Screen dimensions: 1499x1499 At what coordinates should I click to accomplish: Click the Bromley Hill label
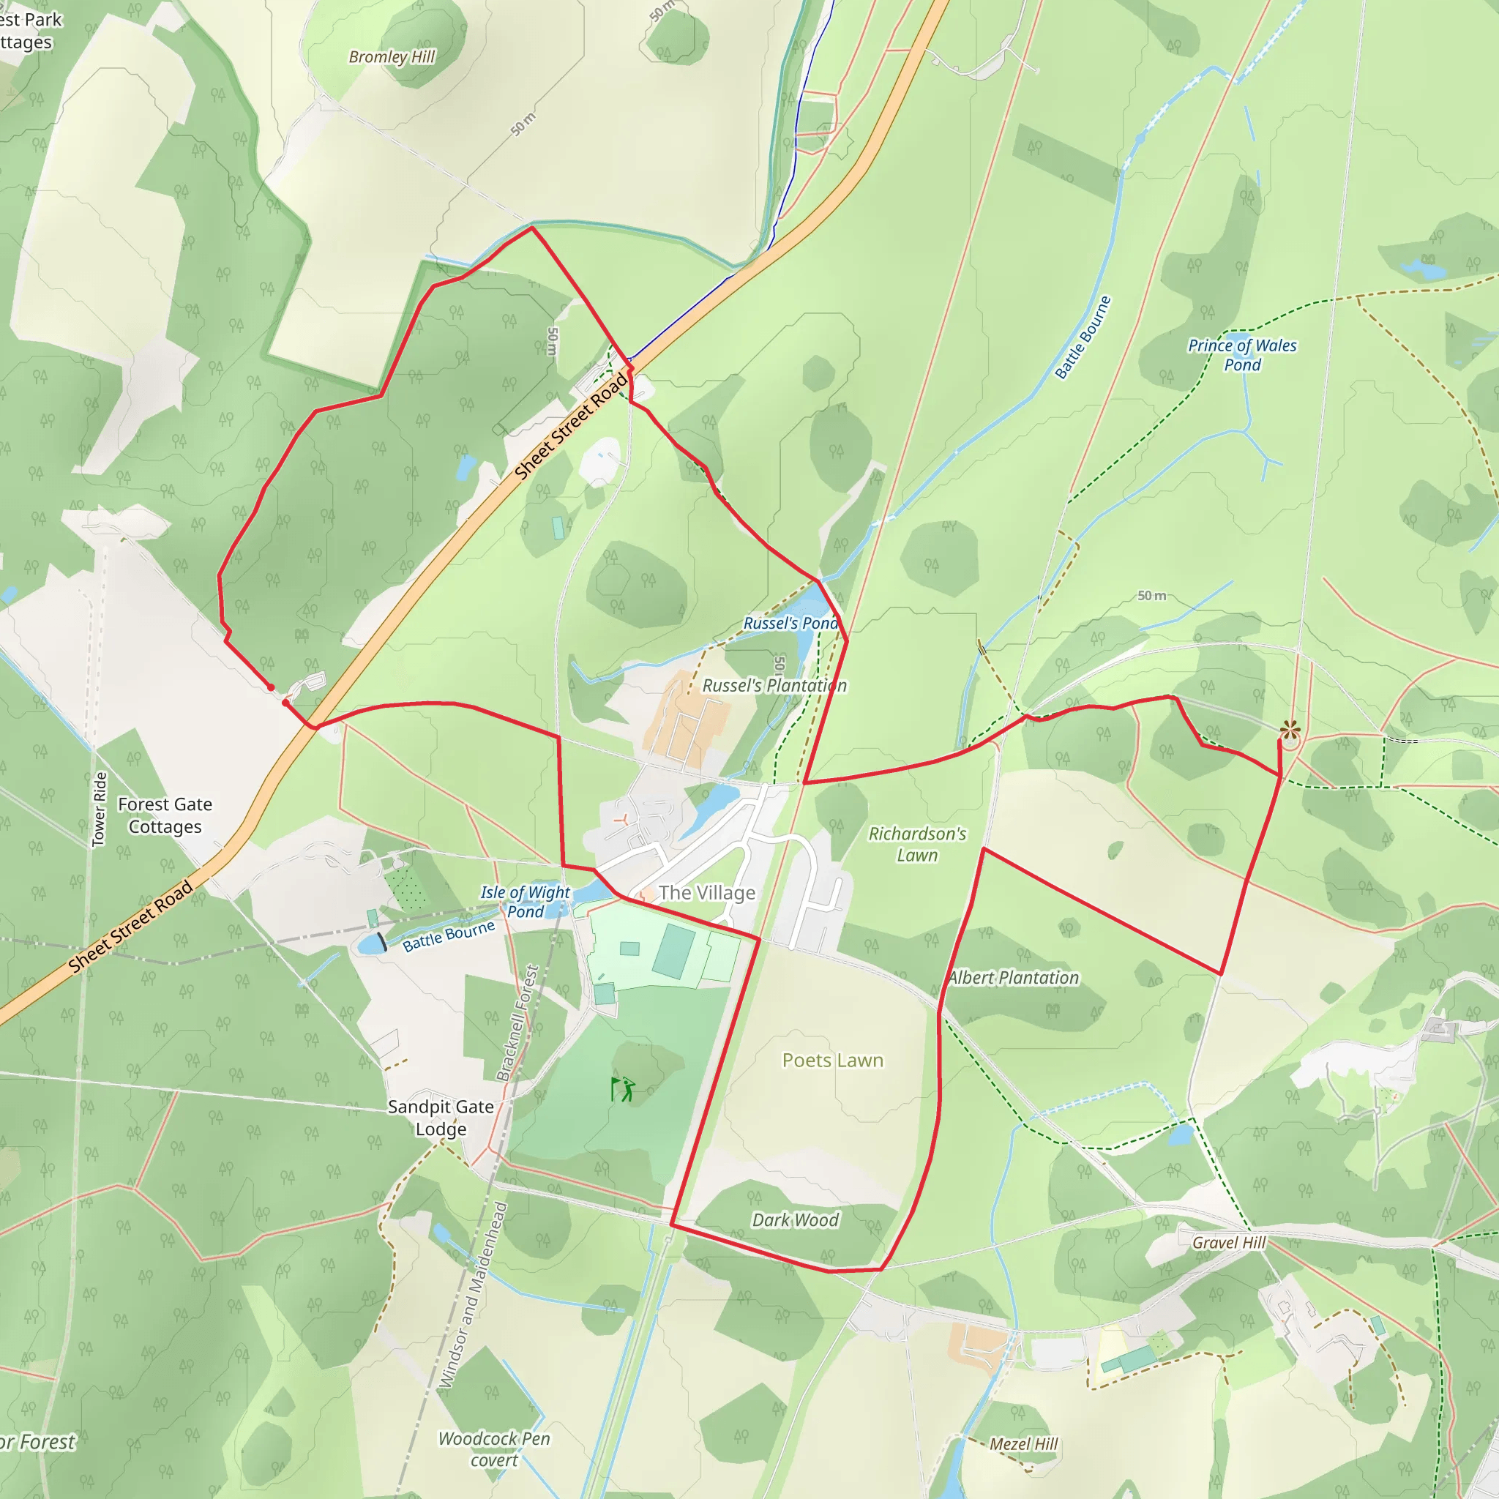pos(392,56)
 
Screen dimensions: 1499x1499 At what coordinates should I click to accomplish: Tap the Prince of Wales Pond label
pos(1242,354)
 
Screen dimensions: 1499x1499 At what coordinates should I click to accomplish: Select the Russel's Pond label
pos(790,623)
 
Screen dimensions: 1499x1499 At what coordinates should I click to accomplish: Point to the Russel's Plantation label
pos(774,686)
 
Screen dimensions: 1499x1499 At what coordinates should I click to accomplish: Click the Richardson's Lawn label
pos(917,844)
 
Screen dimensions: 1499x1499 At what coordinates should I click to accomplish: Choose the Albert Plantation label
pos(1013,978)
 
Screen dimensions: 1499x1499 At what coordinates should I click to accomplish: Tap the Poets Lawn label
pos(832,1060)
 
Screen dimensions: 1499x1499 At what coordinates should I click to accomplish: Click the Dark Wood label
pos(796,1220)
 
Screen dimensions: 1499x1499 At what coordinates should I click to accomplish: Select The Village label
pos(706,893)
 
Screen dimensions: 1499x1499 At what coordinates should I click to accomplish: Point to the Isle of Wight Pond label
pos(526,902)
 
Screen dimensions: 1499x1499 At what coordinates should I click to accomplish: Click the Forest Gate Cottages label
pos(165,815)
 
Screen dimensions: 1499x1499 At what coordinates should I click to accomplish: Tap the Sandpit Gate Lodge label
pos(441,1117)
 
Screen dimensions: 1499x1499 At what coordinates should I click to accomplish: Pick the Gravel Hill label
pos(1229,1242)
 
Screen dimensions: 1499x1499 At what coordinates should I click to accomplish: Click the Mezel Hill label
pos(1023,1444)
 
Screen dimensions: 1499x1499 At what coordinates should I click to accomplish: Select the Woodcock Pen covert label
pos(494,1449)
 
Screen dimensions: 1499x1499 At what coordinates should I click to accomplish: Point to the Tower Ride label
pos(100,809)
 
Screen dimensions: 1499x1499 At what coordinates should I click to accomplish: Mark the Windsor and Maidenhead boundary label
pos(474,1294)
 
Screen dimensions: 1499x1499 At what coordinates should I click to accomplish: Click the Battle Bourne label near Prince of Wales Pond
pos(1083,337)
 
